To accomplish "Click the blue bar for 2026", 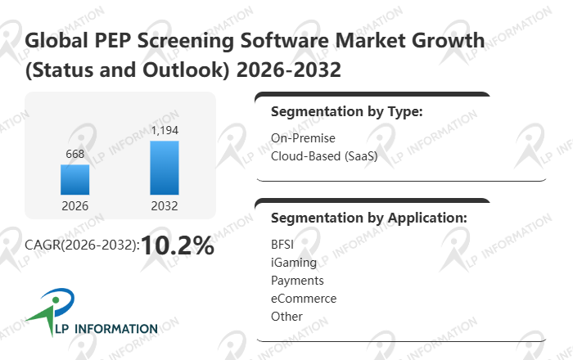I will [x=74, y=179].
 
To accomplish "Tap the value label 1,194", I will [x=165, y=130].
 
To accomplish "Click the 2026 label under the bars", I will [x=74, y=206].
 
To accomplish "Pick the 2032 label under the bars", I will [x=165, y=206].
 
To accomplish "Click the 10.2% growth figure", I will [x=178, y=245].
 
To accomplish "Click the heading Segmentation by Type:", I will [x=346, y=112].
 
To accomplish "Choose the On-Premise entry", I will [x=303, y=137].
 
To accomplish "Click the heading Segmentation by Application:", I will [x=368, y=218].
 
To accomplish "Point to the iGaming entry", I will [x=293, y=262].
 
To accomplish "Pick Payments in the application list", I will [x=297, y=280].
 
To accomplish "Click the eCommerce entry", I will [x=304, y=298].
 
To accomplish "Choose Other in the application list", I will [x=286, y=316].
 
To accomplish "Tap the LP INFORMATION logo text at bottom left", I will [x=102, y=329].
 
